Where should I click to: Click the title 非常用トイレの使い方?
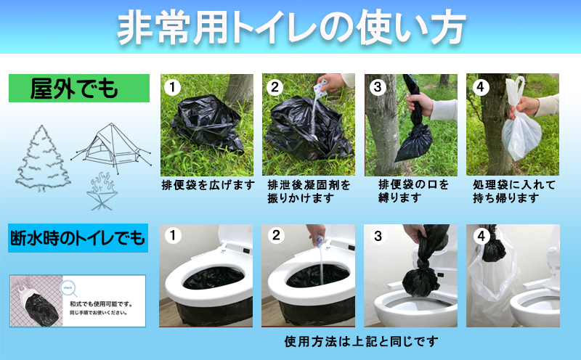point(291,28)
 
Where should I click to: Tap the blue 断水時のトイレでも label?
point(78,237)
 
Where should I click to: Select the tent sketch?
point(105,150)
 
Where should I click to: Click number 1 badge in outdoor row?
point(171,88)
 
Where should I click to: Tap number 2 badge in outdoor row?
point(274,88)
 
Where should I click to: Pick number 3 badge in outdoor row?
point(376,88)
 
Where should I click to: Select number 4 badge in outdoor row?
point(479,88)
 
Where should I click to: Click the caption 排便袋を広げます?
point(208,184)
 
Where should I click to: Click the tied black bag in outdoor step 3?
point(412,142)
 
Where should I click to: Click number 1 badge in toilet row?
point(171,236)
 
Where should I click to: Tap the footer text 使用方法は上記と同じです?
point(361,341)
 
